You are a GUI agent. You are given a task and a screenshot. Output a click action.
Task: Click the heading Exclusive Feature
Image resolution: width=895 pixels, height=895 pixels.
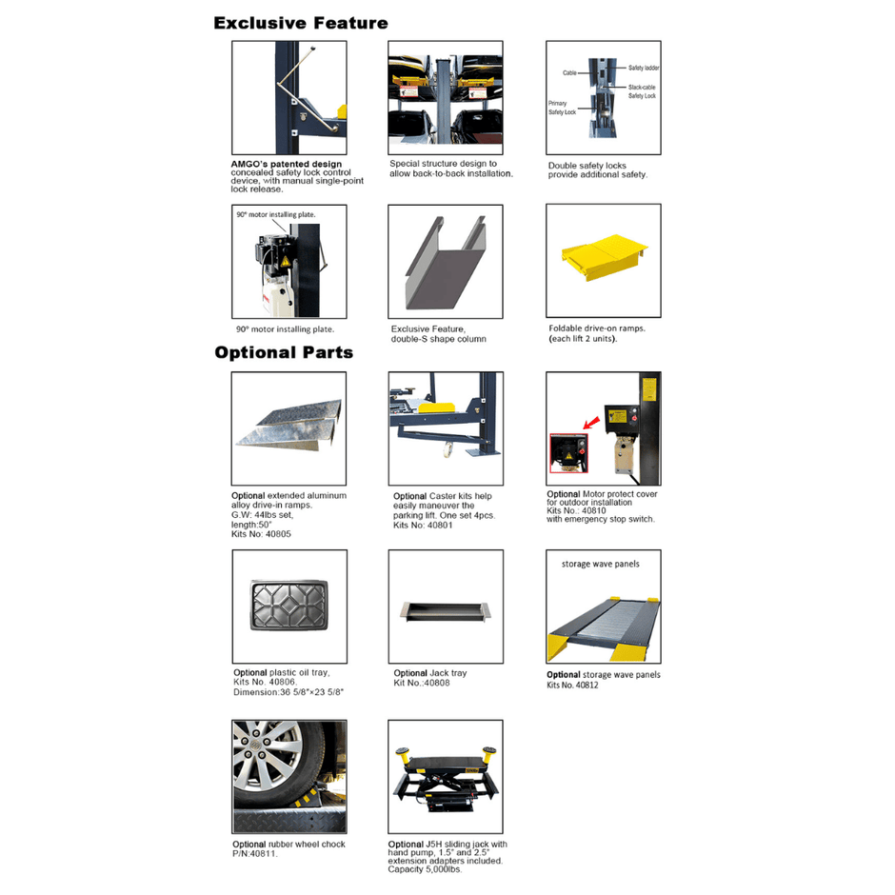click(x=301, y=23)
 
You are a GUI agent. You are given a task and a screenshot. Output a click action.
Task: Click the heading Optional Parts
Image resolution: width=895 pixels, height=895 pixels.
click(x=284, y=352)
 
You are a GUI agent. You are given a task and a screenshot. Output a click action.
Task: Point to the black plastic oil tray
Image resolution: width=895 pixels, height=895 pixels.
click(x=287, y=606)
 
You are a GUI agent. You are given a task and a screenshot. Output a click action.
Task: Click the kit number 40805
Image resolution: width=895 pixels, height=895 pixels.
click(x=261, y=534)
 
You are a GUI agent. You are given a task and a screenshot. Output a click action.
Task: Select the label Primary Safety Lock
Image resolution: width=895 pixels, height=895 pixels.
click(x=562, y=108)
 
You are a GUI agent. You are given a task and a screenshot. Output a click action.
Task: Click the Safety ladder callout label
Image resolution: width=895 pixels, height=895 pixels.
click(x=644, y=69)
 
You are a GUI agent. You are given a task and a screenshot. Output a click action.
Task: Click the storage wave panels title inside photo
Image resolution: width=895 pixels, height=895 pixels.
click(x=602, y=564)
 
